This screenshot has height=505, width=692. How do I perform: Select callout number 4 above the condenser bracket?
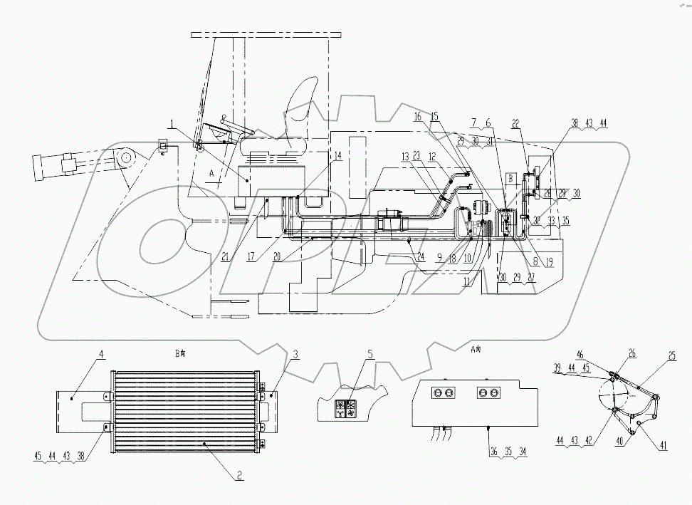(x=102, y=353)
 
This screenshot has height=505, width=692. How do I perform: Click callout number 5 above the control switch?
(x=369, y=353)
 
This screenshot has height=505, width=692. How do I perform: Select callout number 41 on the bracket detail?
(x=664, y=447)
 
